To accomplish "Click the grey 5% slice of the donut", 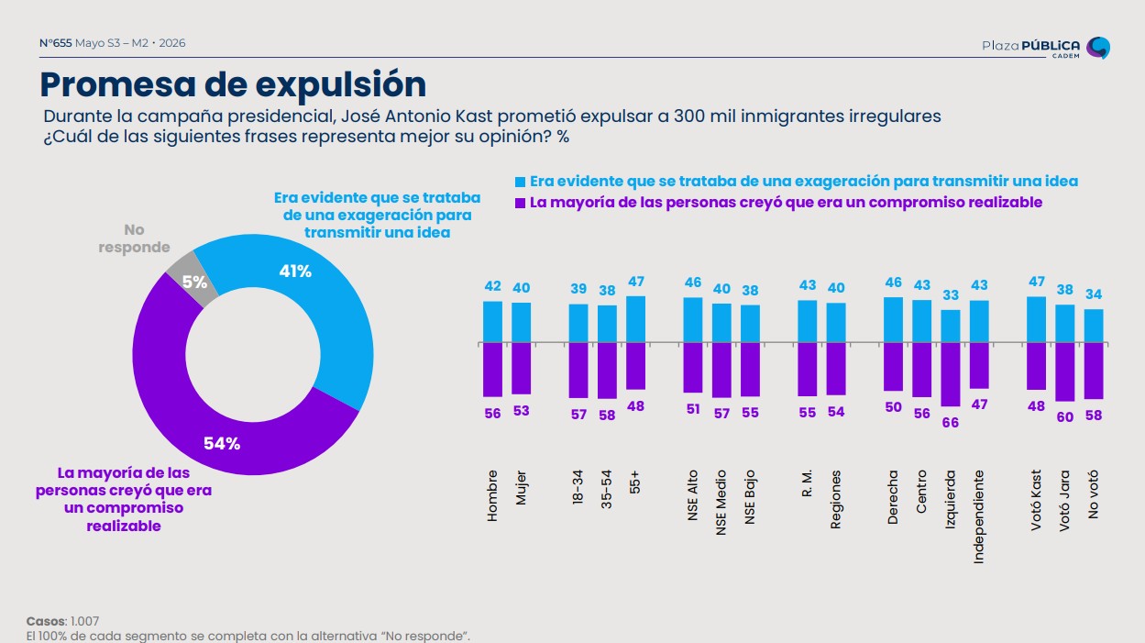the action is tap(192, 279).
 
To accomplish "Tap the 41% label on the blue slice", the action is tap(295, 272).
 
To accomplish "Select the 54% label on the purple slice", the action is tap(222, 444).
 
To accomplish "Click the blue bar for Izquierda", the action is tap(951, 326).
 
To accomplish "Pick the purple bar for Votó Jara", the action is tap(1064, 371).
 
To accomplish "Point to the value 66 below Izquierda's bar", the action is tap(951, 423).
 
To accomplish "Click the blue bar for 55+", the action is tap(635, 319).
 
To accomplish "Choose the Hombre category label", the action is tap(492, 495).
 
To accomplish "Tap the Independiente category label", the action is tap(979, 517).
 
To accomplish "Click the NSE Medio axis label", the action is tap(721, 503).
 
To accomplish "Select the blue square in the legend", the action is tap(520, 183).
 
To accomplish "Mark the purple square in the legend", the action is tap(520, 203).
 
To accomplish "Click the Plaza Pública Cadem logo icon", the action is tap(1098, 48).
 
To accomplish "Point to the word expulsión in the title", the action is tap(341, 85).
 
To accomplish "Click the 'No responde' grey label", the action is tap(135, 238).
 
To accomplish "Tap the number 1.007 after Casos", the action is tap(85, 621).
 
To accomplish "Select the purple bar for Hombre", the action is tap(492, 370).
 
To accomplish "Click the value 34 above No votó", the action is tap(1094, 294).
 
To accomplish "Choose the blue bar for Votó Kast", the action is tap(1036, 319).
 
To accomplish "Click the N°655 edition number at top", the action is tap(56, 43).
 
